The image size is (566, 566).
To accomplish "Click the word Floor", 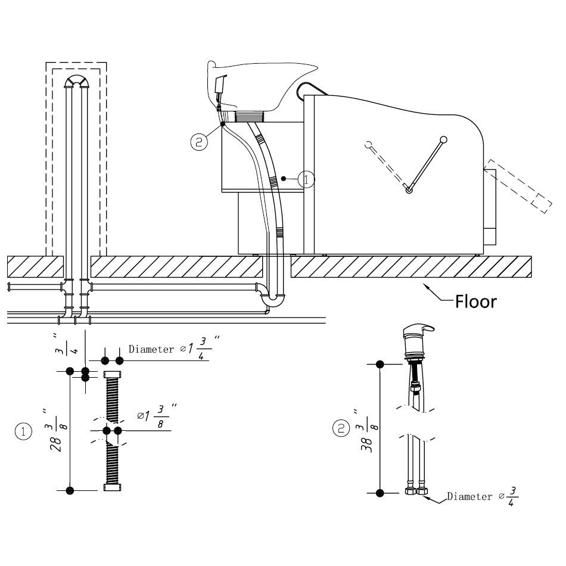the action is pos(476,301).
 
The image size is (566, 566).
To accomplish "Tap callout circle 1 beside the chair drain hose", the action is pos(306,179).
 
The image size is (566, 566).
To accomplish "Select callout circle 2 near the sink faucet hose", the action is pos(199,142).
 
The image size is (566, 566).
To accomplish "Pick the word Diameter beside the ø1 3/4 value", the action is pos(151,349).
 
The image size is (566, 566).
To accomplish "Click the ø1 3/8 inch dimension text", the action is pos(157,416).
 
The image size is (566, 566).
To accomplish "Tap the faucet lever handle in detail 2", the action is pos(418,329).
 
